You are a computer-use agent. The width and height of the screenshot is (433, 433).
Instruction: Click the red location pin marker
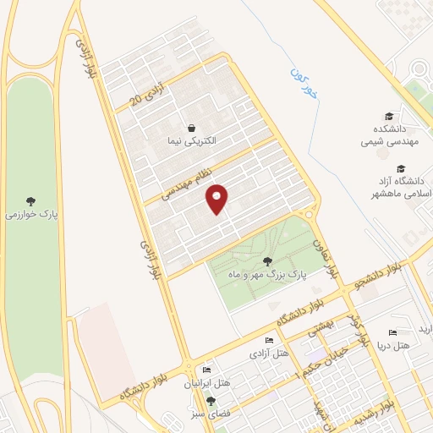click(217, 199)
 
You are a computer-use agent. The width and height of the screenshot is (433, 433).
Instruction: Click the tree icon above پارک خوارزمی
click(30, 201)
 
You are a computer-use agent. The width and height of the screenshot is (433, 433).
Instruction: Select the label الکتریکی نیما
click(191, 141)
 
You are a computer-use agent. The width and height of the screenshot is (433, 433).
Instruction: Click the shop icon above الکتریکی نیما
click(192, 128)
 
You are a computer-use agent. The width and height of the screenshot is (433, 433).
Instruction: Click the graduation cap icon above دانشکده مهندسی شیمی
click(389, 116)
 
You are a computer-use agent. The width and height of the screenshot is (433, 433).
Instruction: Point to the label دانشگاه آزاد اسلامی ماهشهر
click(403, 187)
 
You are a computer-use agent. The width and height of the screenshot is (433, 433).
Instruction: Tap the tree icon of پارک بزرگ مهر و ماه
click(268, 260)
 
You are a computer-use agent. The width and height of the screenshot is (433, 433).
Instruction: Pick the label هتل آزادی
click(271, 352)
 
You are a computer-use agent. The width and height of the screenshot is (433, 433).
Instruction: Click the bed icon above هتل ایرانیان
click(206, 370)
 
